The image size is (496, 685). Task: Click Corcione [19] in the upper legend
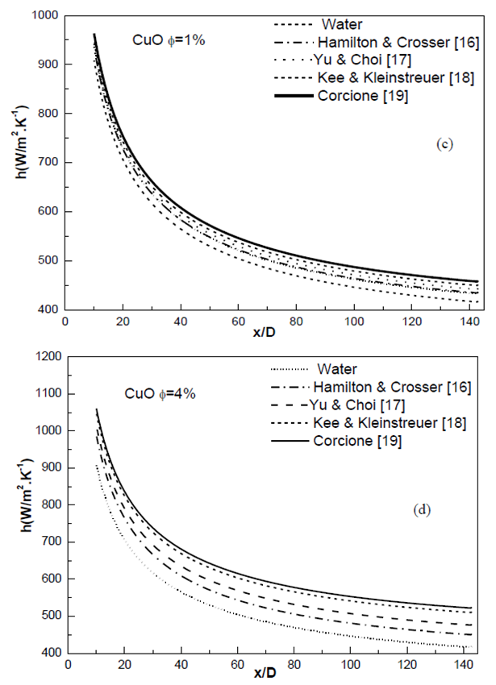pyautogui.click(x=367, y=96)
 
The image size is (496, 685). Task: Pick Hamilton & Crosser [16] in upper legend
pyautogui.click(x=373, y=42)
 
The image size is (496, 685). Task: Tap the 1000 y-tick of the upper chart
pyautogui.click(x=43, y=15)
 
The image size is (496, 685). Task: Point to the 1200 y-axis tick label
pyautogui.click(x=43, y=357)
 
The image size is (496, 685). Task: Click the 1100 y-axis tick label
pyautogui.click(x=43, y=394)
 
